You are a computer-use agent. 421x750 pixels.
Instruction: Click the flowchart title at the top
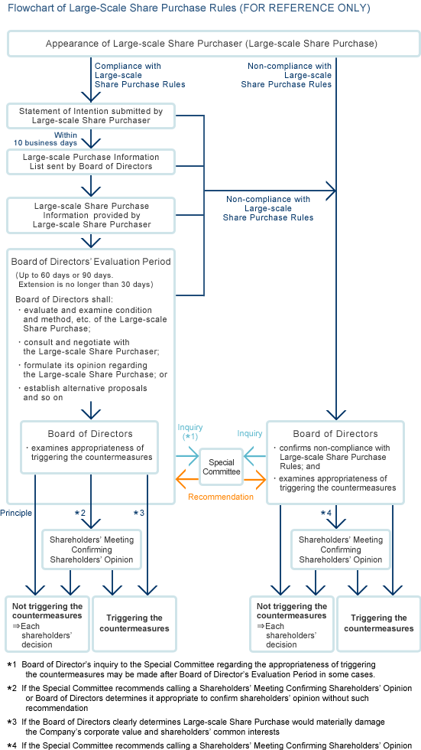point(188,8)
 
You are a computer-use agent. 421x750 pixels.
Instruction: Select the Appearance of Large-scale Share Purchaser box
point(211,44)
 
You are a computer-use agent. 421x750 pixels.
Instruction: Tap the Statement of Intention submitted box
point(90,116)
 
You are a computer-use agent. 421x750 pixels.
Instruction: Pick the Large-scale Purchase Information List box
point(90,161)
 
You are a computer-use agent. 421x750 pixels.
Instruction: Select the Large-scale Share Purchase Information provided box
point(90,215)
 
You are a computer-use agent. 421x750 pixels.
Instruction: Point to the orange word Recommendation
point(222,497)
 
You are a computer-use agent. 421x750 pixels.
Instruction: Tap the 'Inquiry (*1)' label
point(189,432)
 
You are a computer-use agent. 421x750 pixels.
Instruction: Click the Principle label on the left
point(17,512)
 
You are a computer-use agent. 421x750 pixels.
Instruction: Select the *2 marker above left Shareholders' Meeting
point(79,512)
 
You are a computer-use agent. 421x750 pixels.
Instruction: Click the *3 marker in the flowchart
point(138,512)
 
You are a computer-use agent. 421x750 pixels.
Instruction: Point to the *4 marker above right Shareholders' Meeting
point(326,512)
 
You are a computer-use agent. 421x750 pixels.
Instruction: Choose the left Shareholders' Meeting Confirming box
point(91,549)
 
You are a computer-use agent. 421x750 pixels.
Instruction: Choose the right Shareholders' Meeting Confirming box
point(340,549)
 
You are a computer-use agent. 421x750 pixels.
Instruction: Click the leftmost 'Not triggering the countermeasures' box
point(47,624)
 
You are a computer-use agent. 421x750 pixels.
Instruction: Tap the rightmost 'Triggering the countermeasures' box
point(378,624)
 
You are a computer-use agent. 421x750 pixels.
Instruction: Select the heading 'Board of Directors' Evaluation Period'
point(90,262)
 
